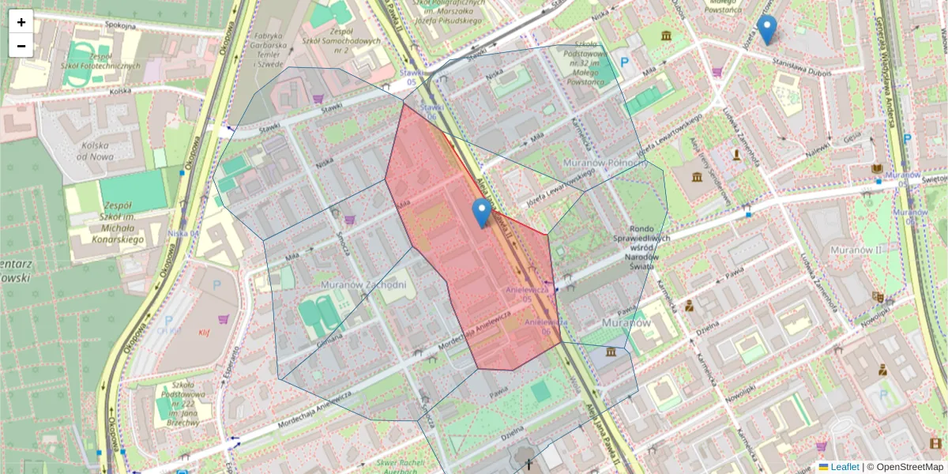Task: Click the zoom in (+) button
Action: tap(21, 22)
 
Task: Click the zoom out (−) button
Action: tap(21, 46)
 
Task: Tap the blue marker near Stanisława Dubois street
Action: tap(766, 30)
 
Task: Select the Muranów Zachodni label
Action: tap(364, 284)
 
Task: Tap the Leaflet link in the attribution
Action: tap(844, 467)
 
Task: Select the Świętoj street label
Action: tap(931, 179)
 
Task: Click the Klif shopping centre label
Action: tap(204, 332)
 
